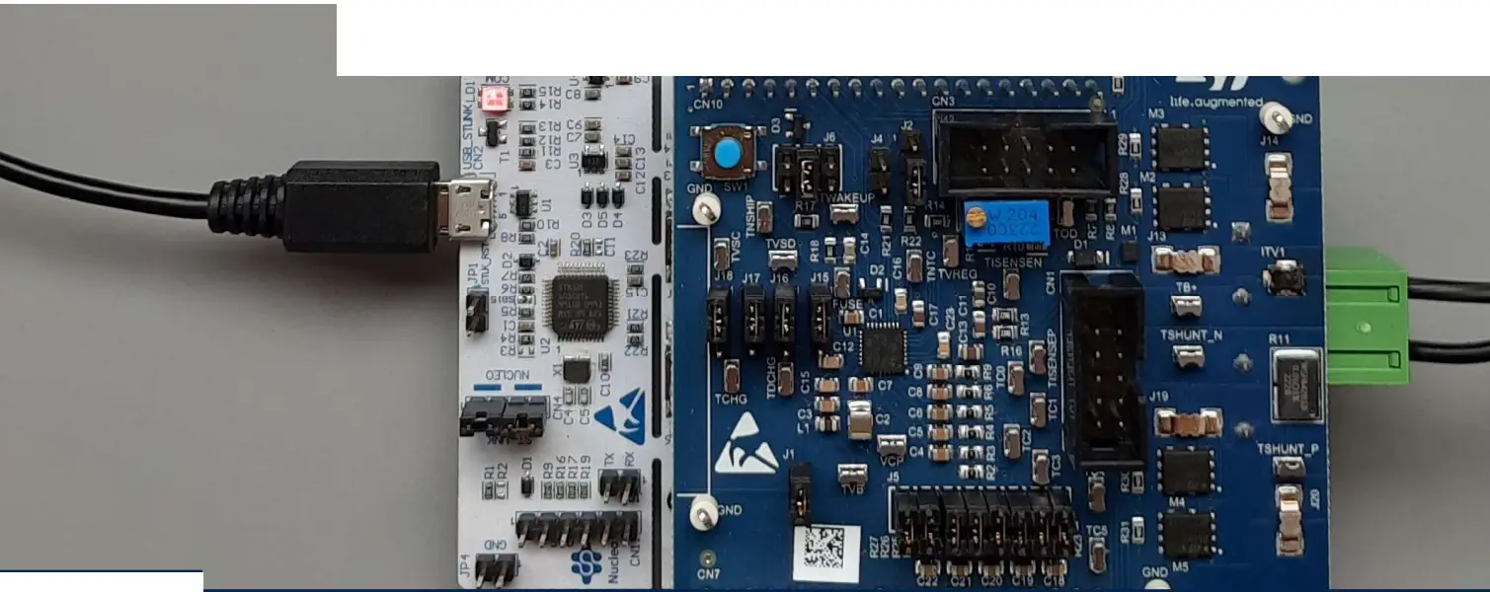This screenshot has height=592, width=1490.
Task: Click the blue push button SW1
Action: coord(727,154)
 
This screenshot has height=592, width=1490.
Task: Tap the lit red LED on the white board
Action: coord(492,99)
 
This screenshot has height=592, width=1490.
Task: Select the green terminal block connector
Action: coord(1366,317)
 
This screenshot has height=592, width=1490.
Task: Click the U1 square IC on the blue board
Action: coord(882,347)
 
